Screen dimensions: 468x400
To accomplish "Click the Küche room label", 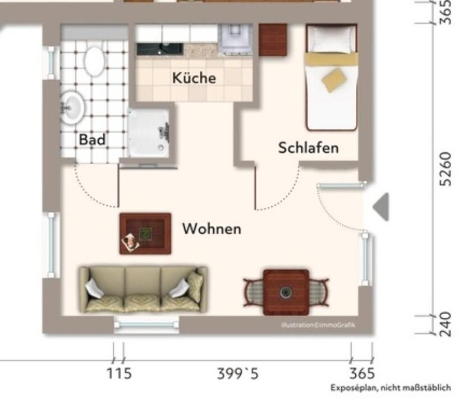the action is (194, 78).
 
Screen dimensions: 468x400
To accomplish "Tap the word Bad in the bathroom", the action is (92, 139).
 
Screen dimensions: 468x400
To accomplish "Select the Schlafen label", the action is (308, 148).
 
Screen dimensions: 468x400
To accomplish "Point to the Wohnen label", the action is (212, 229).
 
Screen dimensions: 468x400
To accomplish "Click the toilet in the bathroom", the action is (95, 62).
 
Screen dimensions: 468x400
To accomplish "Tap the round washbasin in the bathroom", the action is (72, 107).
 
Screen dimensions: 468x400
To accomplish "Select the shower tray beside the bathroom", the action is (149, 133).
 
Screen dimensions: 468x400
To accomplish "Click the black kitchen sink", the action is (160, 49).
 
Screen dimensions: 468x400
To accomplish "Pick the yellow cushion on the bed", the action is (334, 80).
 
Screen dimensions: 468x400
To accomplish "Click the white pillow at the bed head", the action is (331, 39).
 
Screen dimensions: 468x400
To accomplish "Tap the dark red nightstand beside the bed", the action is (273, 40).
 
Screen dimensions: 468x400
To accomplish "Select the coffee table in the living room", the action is (145, 234).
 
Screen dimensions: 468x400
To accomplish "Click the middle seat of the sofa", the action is (143, 289).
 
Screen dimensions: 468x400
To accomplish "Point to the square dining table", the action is (286, 292).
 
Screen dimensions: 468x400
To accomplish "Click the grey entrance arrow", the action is (381, 207).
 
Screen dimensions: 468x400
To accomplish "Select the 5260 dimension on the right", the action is (446, 169).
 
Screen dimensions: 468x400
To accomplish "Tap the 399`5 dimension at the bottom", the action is (237, 374).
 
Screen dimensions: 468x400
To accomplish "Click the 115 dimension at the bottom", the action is (119, 374).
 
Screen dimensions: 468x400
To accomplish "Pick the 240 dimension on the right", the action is (446, 324).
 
